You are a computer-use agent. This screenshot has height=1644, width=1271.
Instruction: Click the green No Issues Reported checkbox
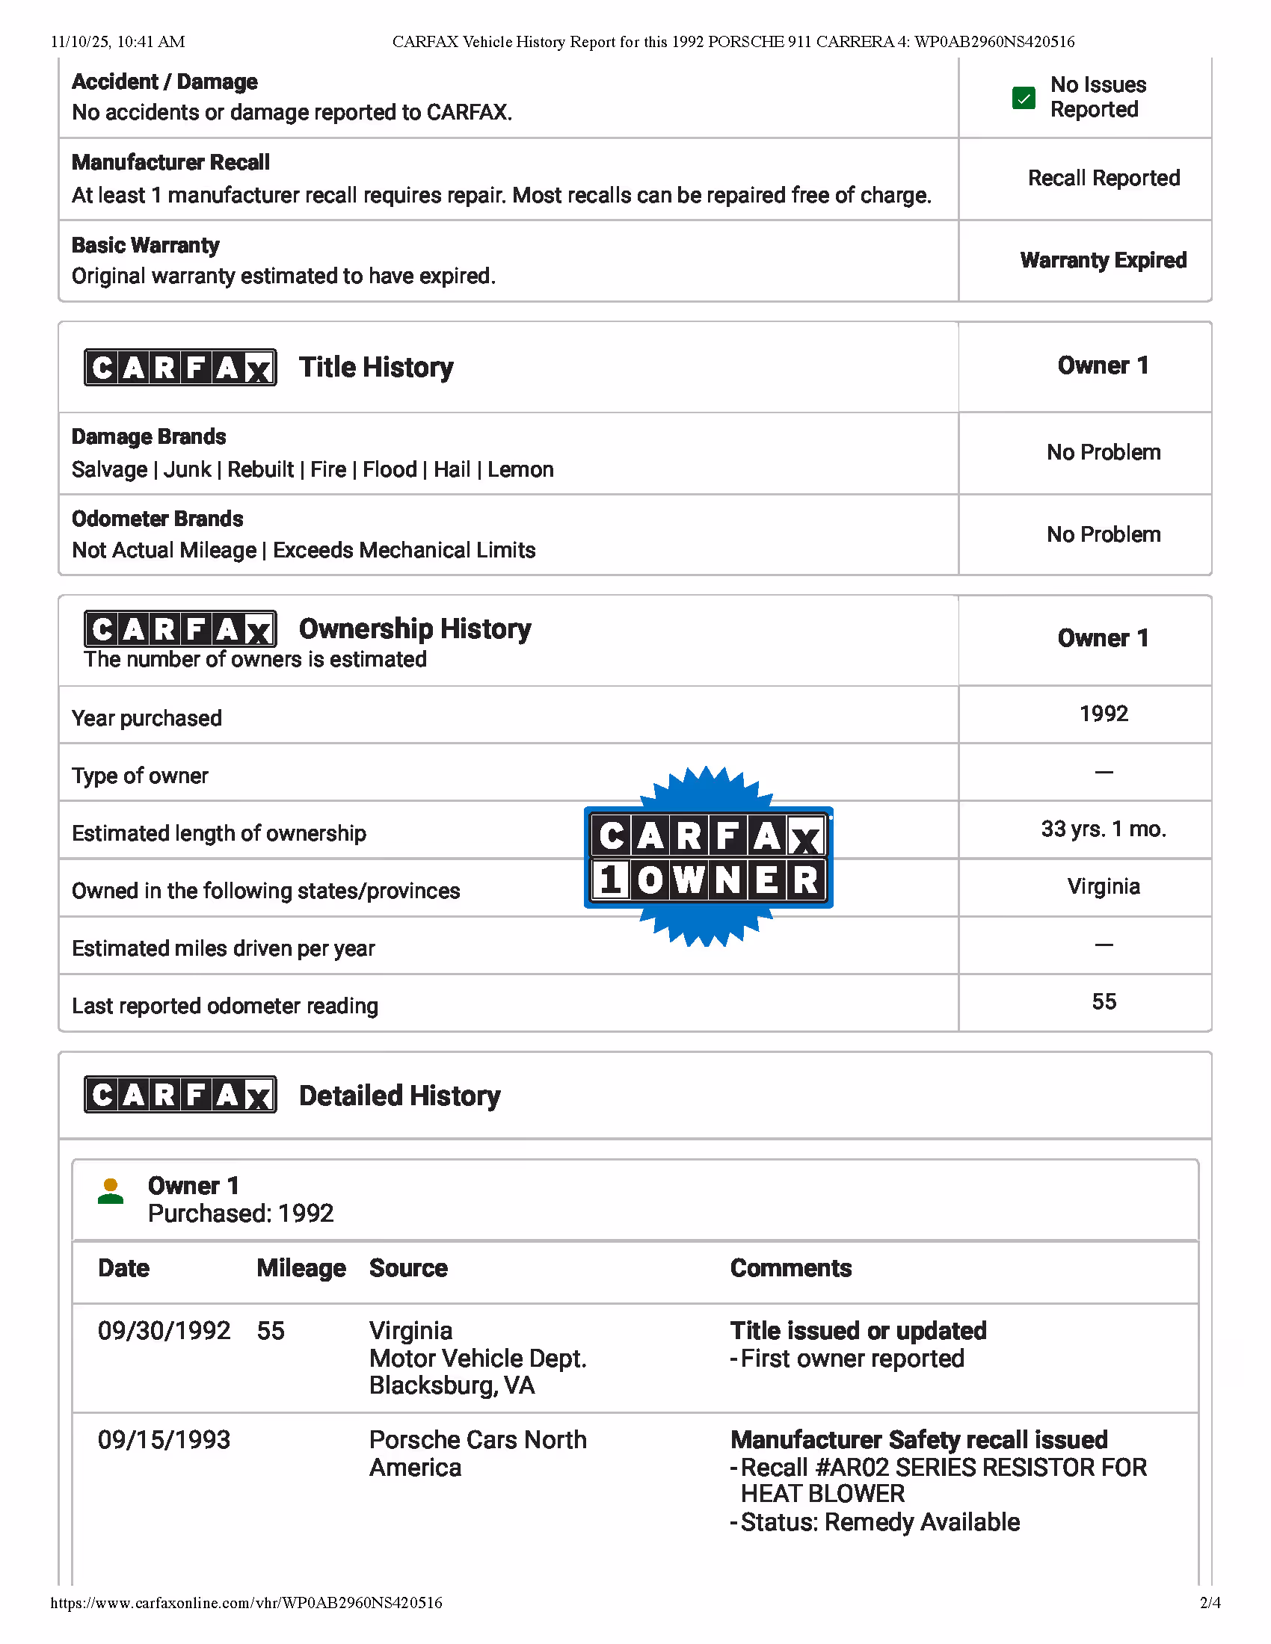1024,98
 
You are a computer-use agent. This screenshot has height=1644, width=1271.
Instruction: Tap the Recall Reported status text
1103,179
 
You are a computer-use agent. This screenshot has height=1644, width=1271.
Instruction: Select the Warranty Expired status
1103,261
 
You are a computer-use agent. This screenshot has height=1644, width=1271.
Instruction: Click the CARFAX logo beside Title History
180,368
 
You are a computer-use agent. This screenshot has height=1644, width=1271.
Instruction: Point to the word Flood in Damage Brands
390,470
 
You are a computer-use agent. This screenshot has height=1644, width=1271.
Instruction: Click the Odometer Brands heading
157,519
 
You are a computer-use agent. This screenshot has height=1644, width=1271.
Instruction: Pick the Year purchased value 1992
1103,714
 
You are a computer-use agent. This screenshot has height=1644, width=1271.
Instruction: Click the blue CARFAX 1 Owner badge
708,857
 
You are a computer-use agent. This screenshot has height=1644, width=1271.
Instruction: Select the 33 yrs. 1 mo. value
1103,829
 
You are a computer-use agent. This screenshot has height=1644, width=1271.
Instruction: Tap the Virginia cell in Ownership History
1103,887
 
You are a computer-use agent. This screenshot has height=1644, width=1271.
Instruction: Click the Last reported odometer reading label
224,1007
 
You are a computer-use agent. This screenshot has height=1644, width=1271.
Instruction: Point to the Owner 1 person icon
111,1192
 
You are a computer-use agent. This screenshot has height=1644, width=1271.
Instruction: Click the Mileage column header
301,1268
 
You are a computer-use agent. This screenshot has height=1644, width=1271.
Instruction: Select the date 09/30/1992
164,1331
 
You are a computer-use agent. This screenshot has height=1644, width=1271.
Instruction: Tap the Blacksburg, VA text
452,1385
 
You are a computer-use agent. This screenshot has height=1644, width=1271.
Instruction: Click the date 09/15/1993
164,1440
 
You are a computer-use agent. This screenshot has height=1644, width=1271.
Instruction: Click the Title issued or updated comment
858,1331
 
